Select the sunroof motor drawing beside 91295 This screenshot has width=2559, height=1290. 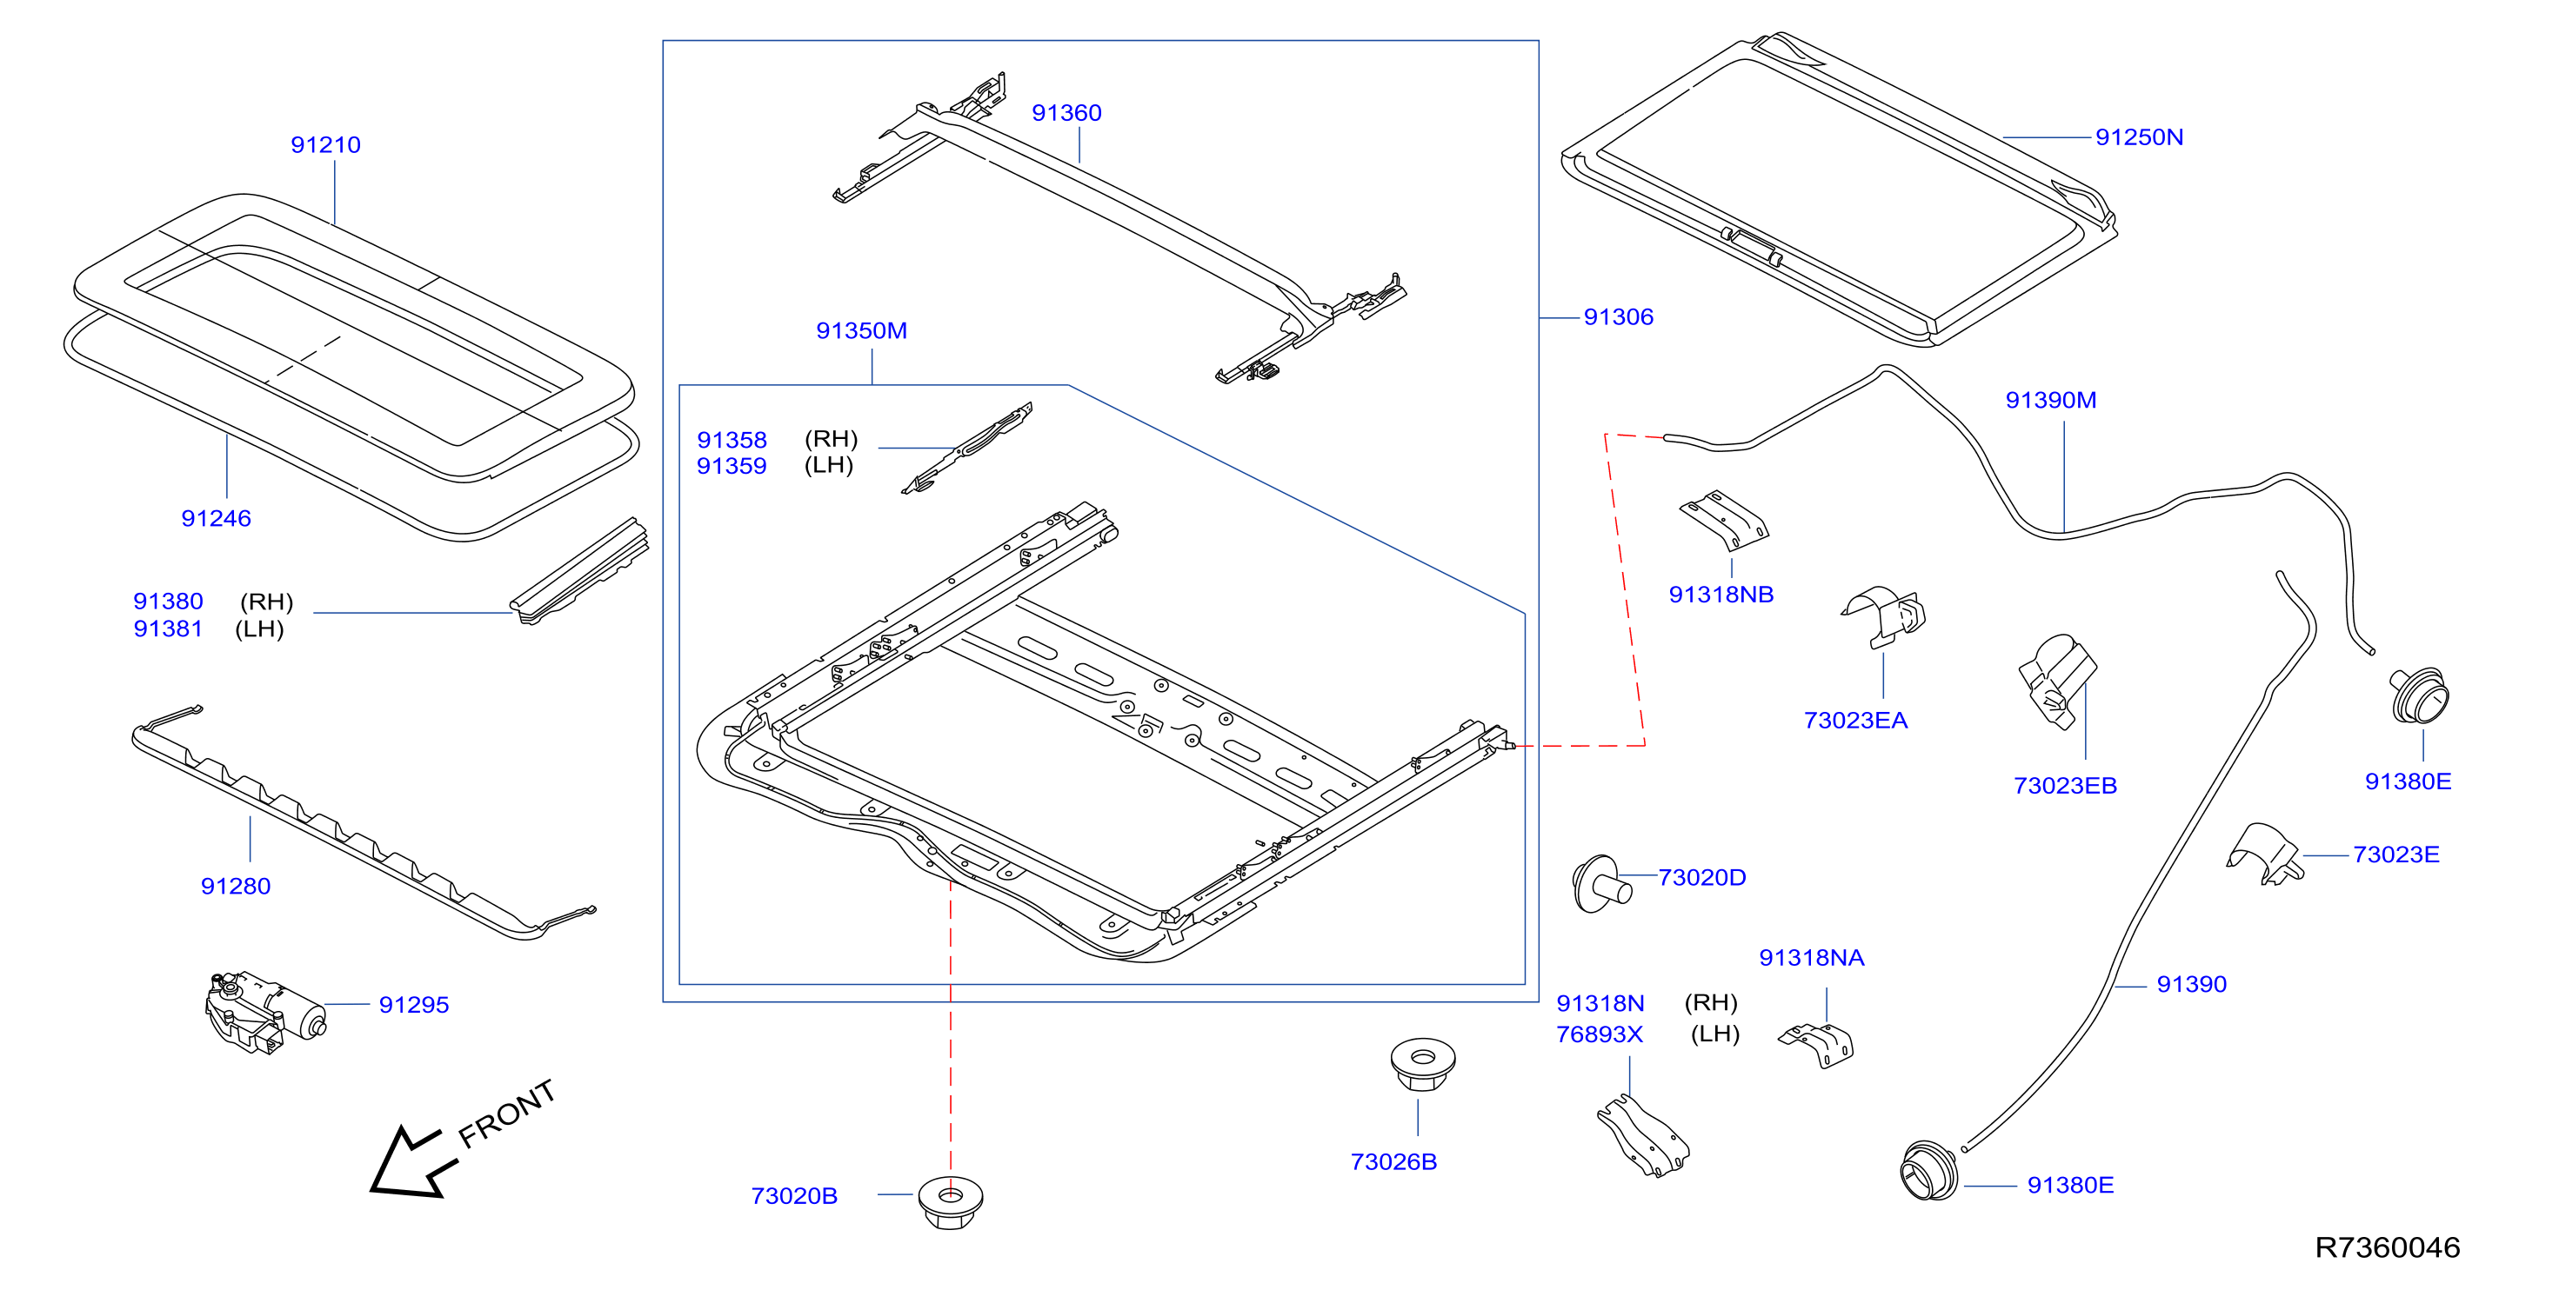(265, 1013)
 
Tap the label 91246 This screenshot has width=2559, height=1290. (216, 518)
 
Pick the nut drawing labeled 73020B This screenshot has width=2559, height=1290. (950, 1202)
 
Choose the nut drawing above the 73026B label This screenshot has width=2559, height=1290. (1422, 1065)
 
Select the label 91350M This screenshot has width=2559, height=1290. (861, 330)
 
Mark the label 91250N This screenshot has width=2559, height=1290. (2139, 137)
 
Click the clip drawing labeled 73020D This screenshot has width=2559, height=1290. (1601, 884)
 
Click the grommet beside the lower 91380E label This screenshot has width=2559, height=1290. (1929, 1171)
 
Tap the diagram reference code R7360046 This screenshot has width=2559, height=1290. (2387, 1248)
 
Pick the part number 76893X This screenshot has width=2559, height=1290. (1600, 1034)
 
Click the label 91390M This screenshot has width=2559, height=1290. (2050, 400)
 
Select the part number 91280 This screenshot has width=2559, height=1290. (236, 887)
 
